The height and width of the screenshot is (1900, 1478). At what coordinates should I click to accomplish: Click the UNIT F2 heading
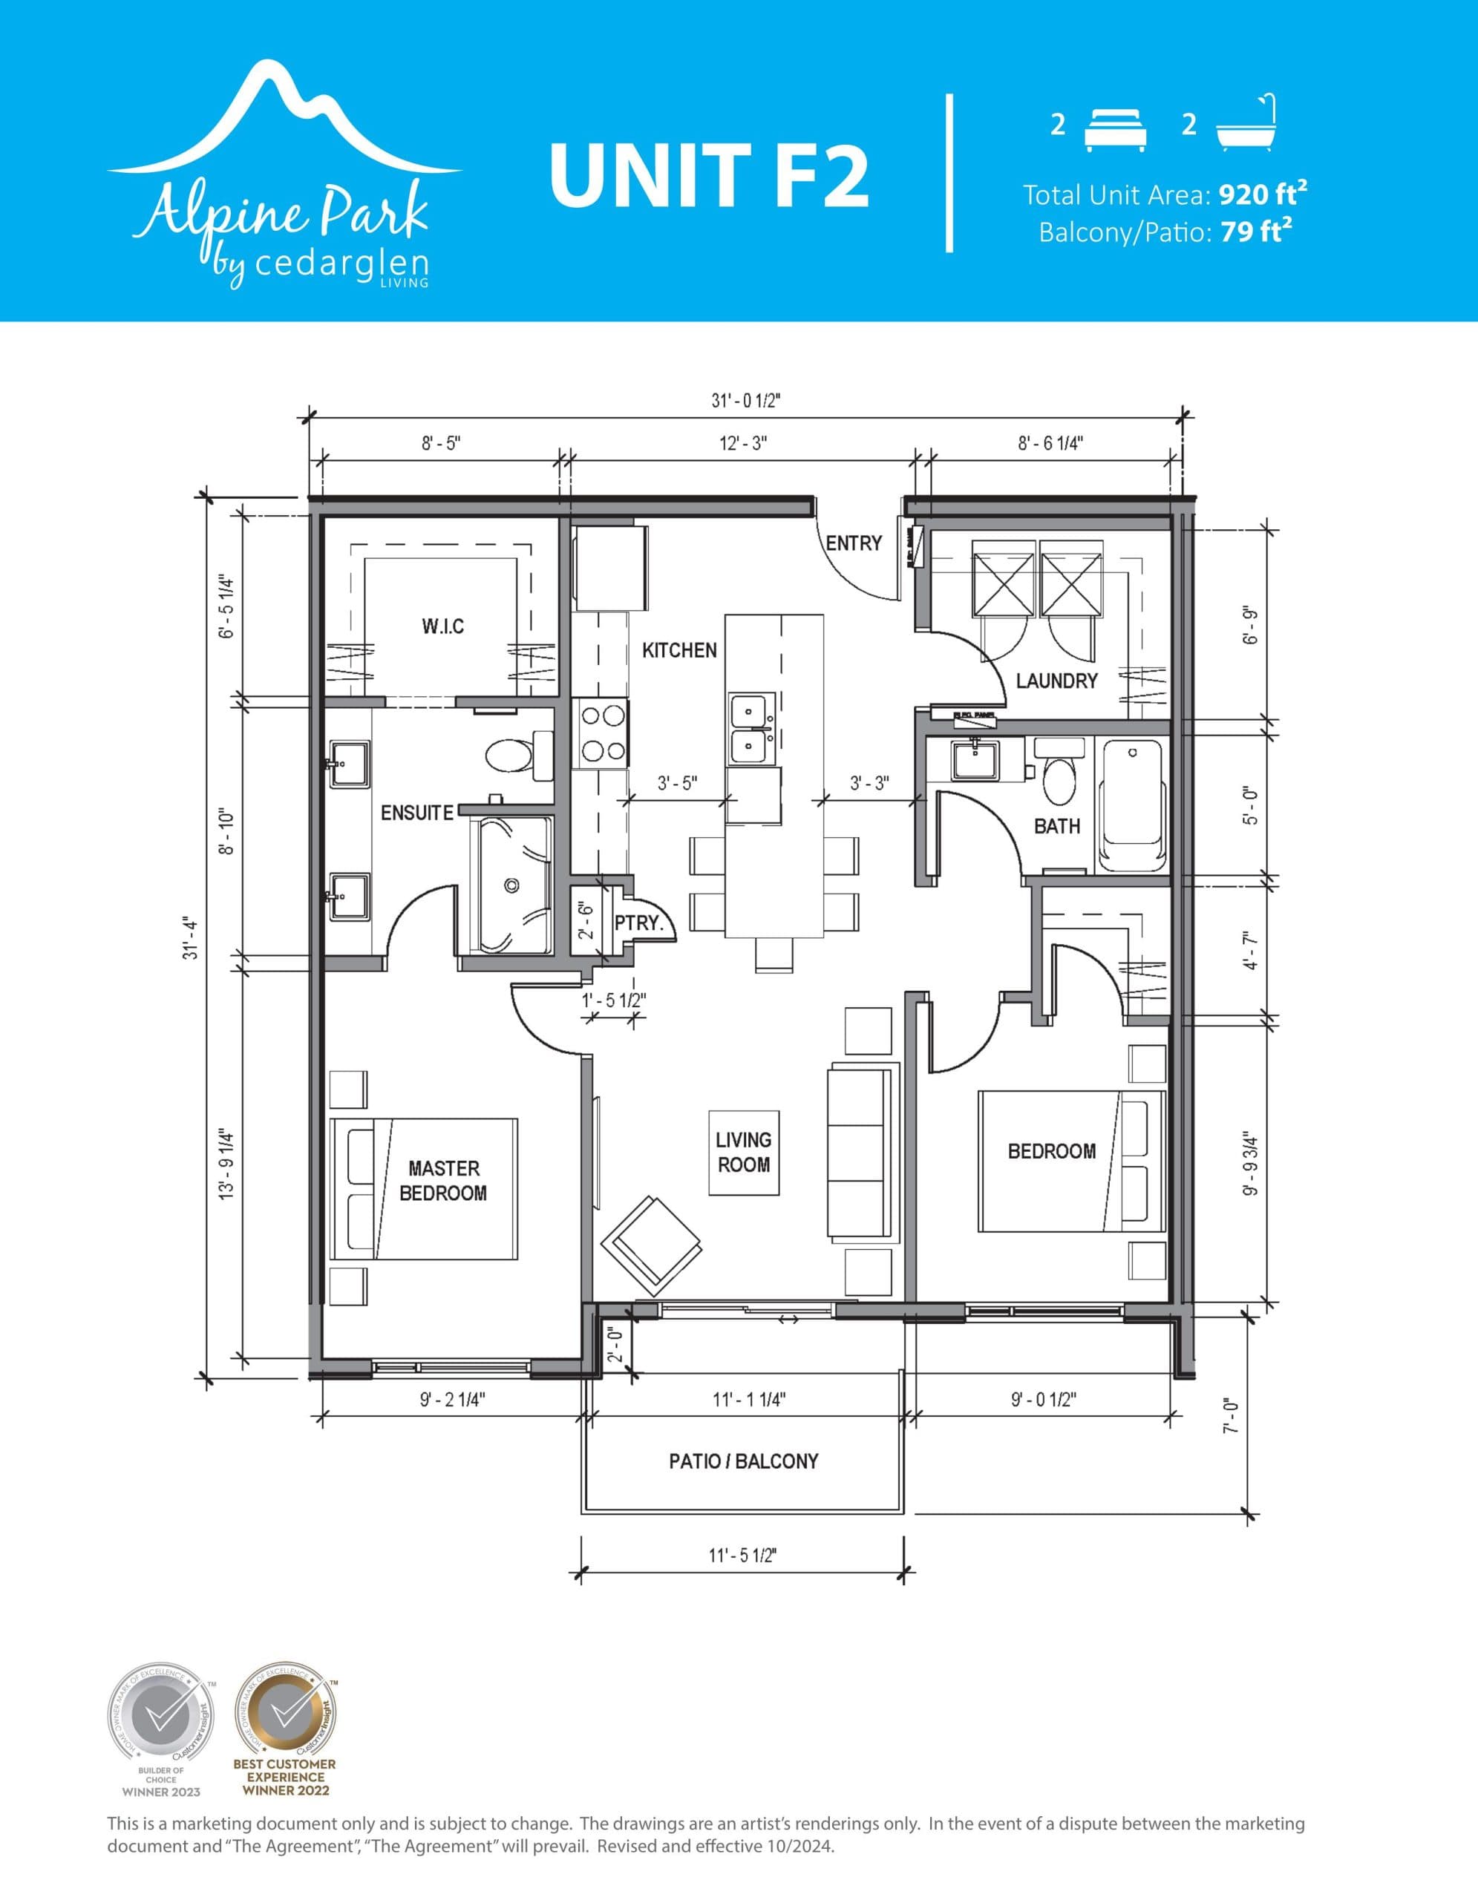coord(709,175)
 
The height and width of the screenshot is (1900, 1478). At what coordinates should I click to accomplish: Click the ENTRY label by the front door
coord(854,543)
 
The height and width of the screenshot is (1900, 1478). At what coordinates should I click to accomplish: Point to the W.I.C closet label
coord(442,626)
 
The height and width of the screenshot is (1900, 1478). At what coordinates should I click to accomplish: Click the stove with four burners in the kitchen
coord(601,733)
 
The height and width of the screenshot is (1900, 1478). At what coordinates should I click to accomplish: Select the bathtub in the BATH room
coord(1131,805)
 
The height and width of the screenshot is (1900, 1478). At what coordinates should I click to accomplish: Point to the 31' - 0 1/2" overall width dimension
coord(746,401)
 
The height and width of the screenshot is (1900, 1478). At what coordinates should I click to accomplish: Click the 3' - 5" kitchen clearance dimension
coord(677,783)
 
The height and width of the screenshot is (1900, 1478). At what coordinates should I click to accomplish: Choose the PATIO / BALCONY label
coord(744,1461)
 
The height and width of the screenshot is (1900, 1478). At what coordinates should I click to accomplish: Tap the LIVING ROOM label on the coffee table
coord(744,1152)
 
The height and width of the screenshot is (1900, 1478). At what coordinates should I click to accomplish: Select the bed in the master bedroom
coord(425,1188)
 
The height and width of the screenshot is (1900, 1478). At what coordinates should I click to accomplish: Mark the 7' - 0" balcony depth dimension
coord(1230,1416)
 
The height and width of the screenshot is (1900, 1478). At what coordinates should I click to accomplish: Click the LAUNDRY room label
coord(1056,681)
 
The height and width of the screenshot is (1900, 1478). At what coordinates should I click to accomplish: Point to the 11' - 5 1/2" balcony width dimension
coord(742,1556)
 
